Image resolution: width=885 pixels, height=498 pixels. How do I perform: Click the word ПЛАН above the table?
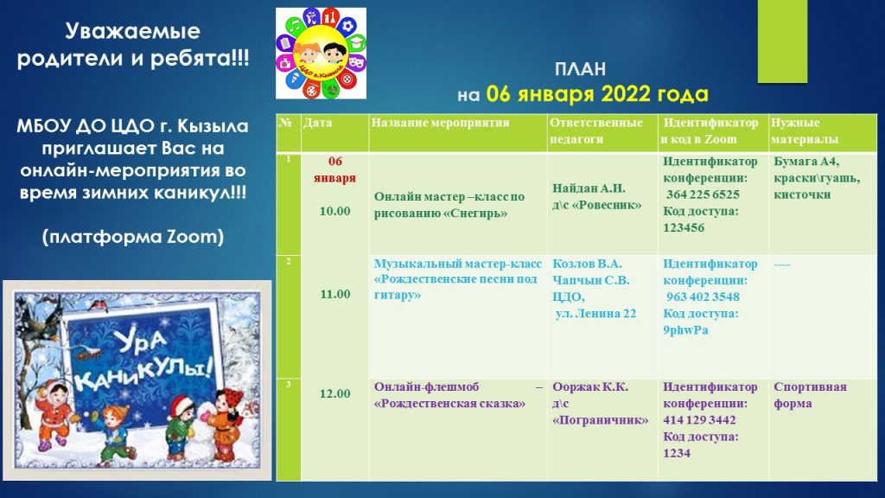pos(580,69)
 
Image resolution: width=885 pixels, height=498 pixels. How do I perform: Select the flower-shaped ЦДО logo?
pos(321,53)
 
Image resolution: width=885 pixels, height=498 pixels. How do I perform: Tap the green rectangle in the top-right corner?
pos(782,41)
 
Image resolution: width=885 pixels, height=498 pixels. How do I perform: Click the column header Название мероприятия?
pos(440,123)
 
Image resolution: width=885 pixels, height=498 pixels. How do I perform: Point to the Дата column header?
pos(318,123)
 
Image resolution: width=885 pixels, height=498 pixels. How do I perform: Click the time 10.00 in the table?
pos(334,211)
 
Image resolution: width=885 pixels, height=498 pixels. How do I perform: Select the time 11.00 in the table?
pos(334,294)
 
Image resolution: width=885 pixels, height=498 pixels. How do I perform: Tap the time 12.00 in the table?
pos(334,393)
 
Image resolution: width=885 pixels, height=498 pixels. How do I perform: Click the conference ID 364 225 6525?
pos(703,195)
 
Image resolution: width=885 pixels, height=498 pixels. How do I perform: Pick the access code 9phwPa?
pos(685,330)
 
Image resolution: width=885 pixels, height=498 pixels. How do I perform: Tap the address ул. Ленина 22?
pos(595,313)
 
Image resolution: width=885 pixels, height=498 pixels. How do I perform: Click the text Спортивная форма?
pos(810,395)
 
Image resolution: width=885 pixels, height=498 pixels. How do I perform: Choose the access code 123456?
pos(684,228)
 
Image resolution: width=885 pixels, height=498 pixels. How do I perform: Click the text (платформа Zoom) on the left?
pos(133,236)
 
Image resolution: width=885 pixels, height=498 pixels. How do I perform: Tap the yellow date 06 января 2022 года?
pos(597,93)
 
